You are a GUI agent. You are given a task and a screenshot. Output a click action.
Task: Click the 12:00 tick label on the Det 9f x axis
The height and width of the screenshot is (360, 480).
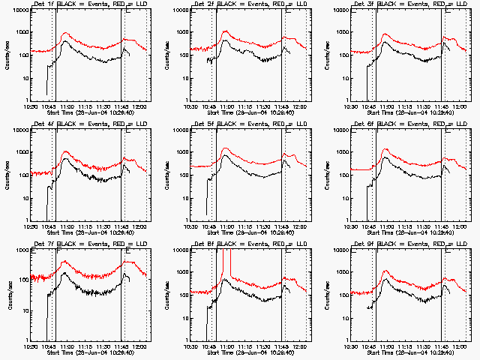460,346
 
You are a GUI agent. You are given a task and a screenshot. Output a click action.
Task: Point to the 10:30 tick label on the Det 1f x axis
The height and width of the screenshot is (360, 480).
31,106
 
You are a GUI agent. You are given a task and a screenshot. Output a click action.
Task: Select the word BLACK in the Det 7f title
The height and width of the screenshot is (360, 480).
67,244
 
